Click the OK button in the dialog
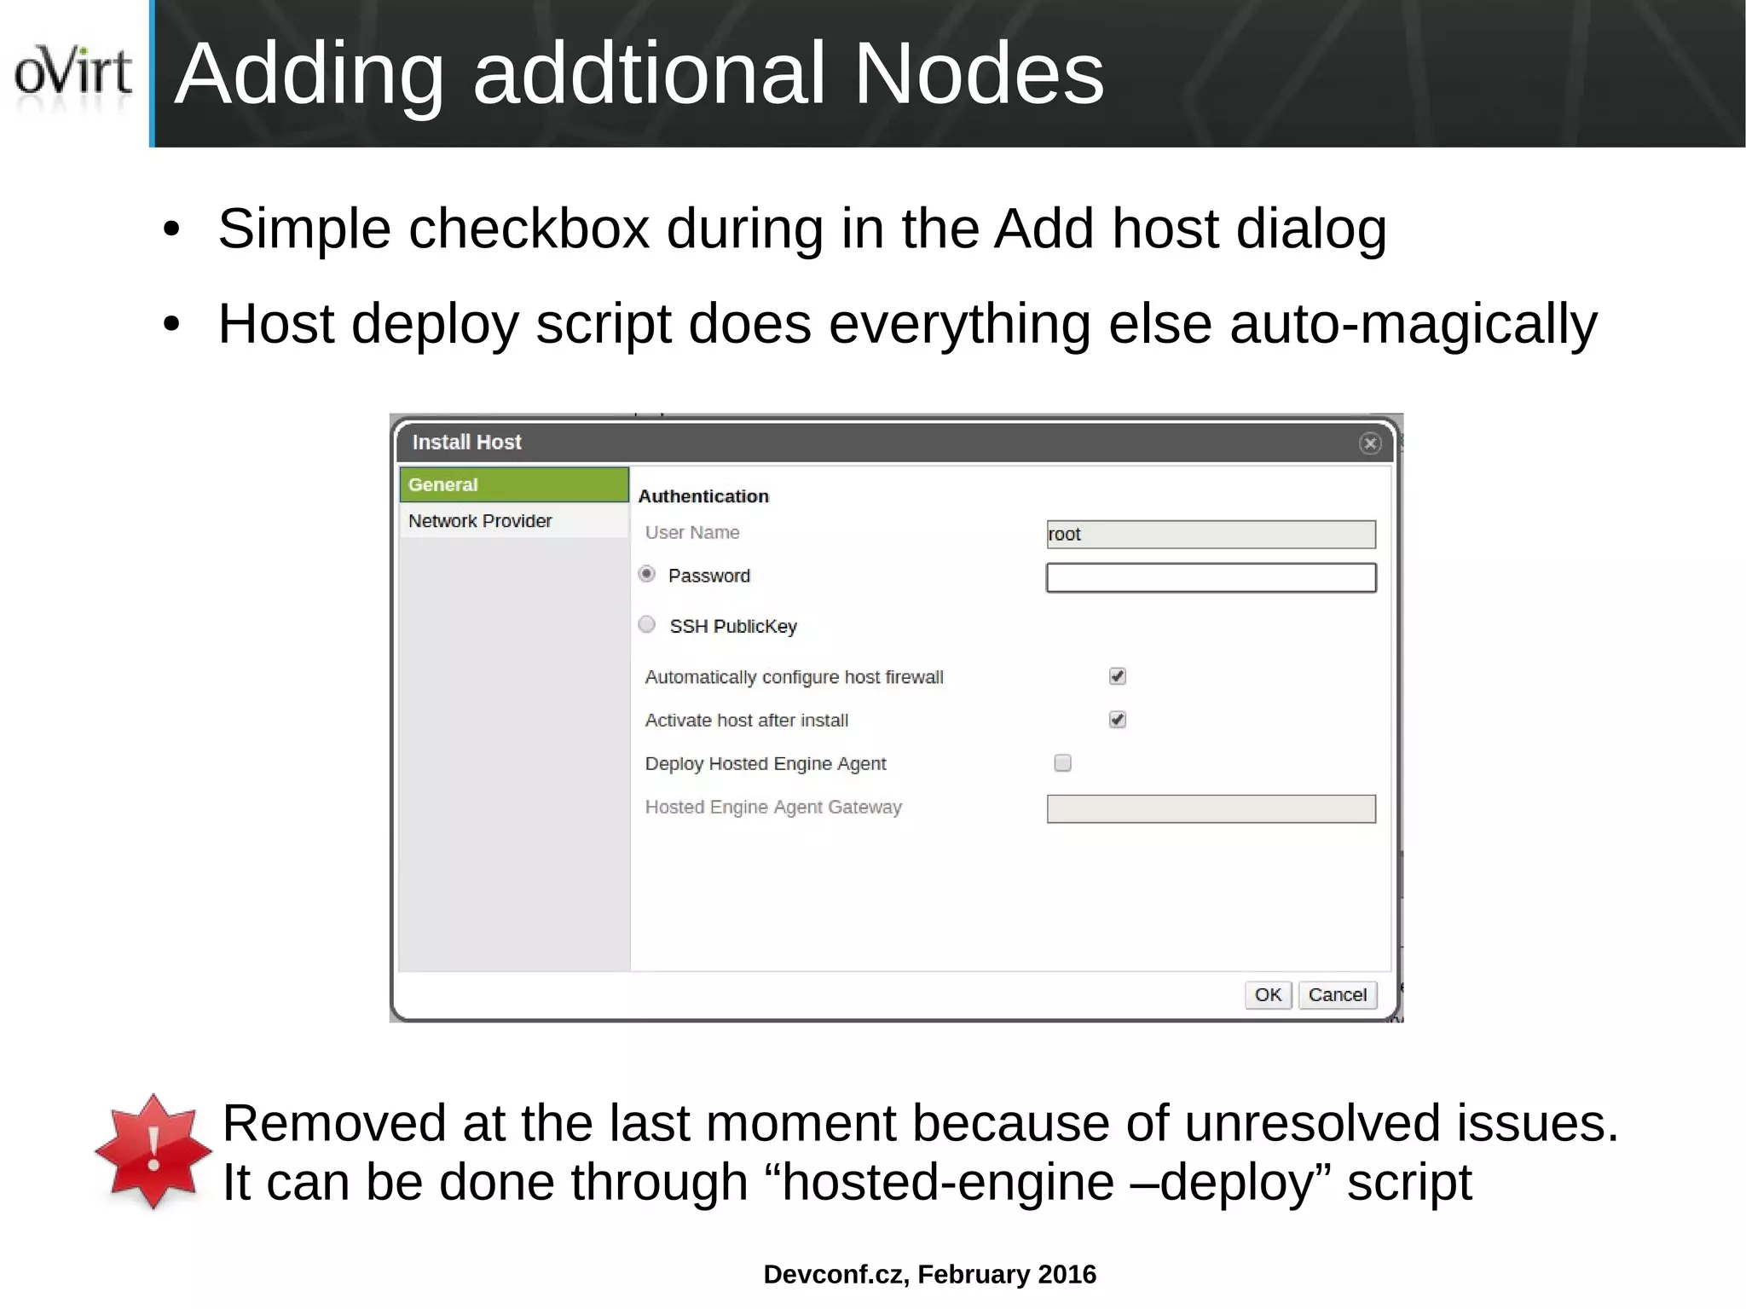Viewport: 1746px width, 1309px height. pos(1268,994)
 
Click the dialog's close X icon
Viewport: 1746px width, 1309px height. pos(1369,443)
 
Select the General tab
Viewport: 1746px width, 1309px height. pos(514,484)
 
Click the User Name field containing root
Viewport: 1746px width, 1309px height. pos(1211,535)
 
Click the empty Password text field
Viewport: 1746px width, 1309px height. pos(1211,577)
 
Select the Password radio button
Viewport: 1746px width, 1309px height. pos(647,574)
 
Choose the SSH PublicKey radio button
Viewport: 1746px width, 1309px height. pos(647,625)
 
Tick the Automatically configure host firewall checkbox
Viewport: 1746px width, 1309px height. pos(1117,676)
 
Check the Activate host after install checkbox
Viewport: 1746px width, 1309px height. pos(1117,720)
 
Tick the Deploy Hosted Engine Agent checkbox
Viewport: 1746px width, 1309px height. pos(1062,763)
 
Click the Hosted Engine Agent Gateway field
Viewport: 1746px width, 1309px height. pos(1211,808)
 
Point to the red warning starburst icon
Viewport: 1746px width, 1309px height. pos(153,1151)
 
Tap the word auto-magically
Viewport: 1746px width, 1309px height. pos(1413,324)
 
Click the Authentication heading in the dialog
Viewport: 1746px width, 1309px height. pos(703,496)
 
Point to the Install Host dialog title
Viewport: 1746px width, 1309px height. pos(466,443)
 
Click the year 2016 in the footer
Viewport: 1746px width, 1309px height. pos(1067,1274)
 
